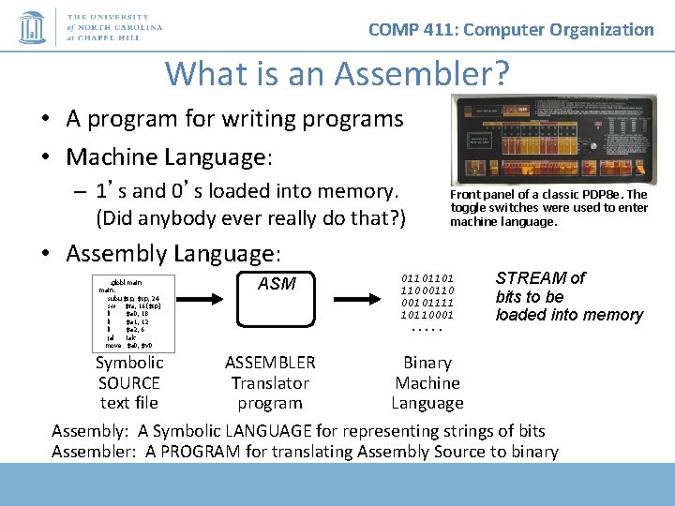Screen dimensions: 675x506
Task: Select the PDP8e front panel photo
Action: click(553, 139)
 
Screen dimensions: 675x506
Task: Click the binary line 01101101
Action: click(427, 278)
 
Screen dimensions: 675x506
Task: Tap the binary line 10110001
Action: click(427, 315)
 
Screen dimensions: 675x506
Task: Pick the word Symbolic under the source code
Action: click(129, 363)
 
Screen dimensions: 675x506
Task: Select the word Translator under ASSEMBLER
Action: click(270, 383)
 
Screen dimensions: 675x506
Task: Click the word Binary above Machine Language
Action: click(427, 363)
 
